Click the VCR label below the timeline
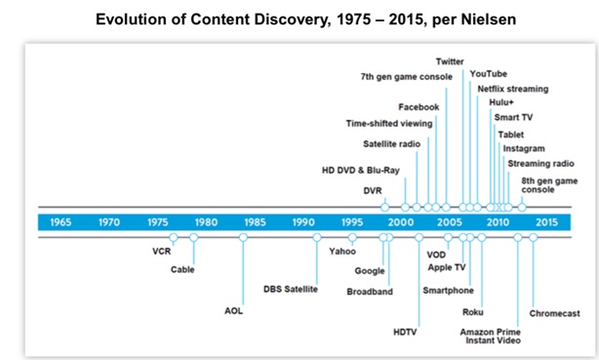coord(162,250)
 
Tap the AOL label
coord(233,311)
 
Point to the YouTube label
coord(488,73)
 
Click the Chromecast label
coord(554,313)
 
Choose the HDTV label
coord(405,331)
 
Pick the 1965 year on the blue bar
coord(60,221)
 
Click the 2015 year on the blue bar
coord(546,221)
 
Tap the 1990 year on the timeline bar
coord(303,221)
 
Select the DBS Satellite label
coord(291,288)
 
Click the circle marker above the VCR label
coord(174,237)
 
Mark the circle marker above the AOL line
coord(243,237)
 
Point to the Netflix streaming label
coord(512,89)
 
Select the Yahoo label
coord(341,251)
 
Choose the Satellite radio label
coord(390,143)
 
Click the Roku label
coord(473,313)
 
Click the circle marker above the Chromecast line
coord(533,237)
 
